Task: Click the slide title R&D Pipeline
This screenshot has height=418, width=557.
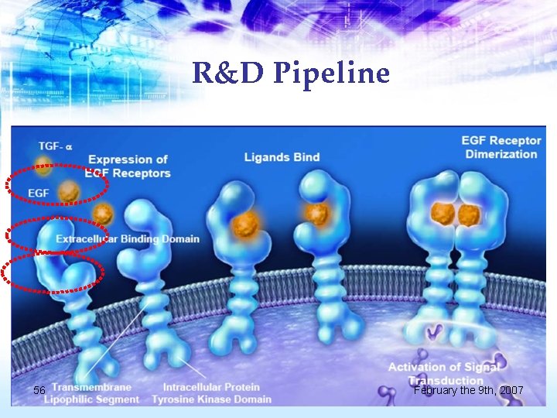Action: pyautogui.click(x=290, y=74)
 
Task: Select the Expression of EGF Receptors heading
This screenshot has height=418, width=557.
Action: pyautogui.click(x=128, y=166)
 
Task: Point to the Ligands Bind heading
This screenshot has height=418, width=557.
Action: pyautogui.click(x=282, y=157)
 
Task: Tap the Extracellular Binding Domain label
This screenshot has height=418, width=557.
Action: pyautogui.click(x=127, y=239)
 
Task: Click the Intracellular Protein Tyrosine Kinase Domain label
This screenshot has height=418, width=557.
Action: pyautogui.click(x=211, y=393)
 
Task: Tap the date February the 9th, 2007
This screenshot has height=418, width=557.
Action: pyautogui.click(x=468, y=391)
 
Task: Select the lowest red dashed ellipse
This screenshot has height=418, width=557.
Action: pyautogui.click(x=52, y=274)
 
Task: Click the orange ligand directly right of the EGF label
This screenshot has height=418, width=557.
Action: pyautogui.click(x=70, y=189)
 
